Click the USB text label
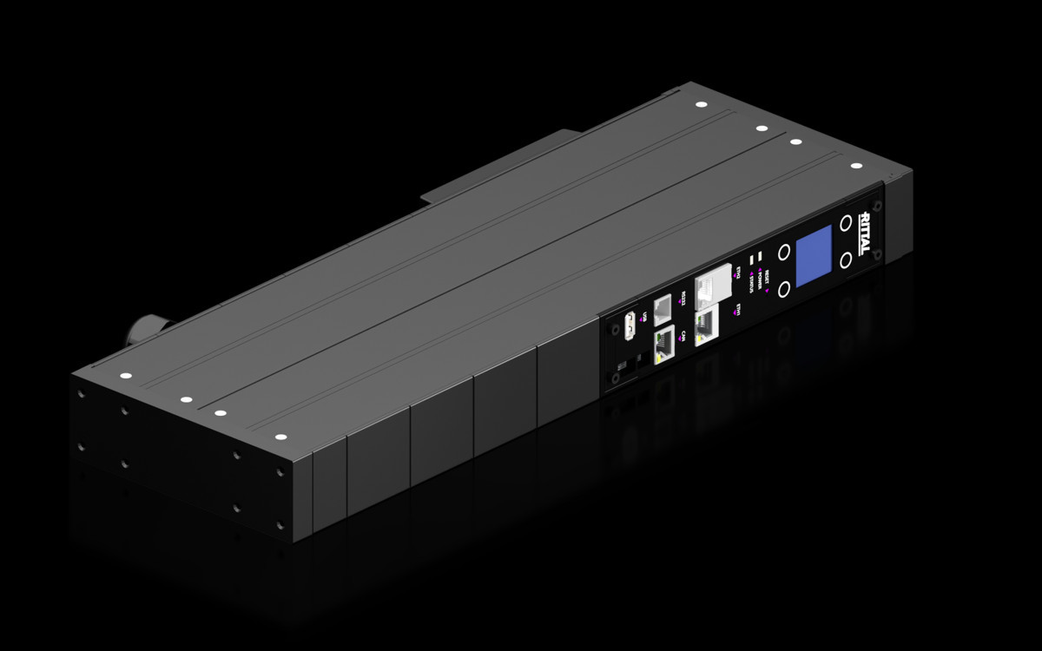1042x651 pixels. tap(645, 317)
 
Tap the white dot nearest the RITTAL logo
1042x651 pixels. tap(855, 165)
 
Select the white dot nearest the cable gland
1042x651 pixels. tap(123, 376)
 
